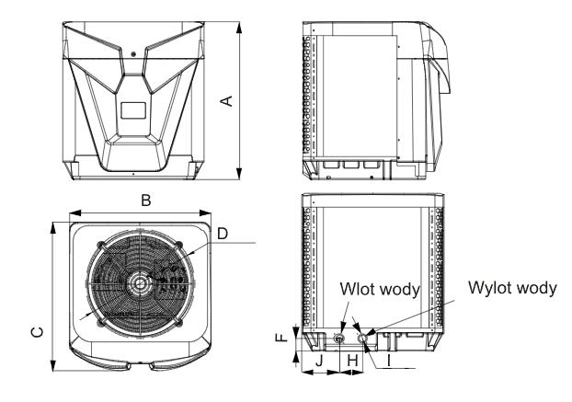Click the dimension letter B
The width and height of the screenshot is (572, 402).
click(x=145, y=199)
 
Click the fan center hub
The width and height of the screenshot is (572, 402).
click(x=140, y=283)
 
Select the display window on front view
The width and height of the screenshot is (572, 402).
click(x=132, y=109)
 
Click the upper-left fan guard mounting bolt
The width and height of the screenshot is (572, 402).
click(x=100, y=244)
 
